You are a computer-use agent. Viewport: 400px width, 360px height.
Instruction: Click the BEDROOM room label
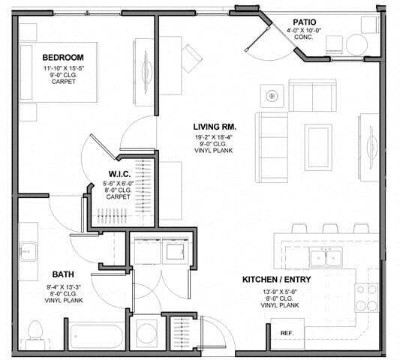click(x=62, y=58)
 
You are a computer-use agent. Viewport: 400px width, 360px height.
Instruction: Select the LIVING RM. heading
click(x=214, y=127)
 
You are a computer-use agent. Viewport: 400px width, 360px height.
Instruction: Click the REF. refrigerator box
click(x=286, y=332)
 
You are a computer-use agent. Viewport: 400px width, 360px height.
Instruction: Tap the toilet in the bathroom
click(x=35, y=331)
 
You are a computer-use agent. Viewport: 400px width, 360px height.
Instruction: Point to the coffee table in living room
click(x=319, y=142)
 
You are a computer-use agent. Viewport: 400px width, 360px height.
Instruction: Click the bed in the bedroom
click(x=60, y=73)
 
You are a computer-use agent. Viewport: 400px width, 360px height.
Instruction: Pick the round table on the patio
click(x=356, y=45)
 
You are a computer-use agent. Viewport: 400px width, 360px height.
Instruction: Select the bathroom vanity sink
click(x=29, y=251)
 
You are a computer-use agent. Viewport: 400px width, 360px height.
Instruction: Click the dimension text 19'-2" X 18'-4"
click(x=214, y=138)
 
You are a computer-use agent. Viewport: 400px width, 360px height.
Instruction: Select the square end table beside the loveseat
click(x=272, y=96)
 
